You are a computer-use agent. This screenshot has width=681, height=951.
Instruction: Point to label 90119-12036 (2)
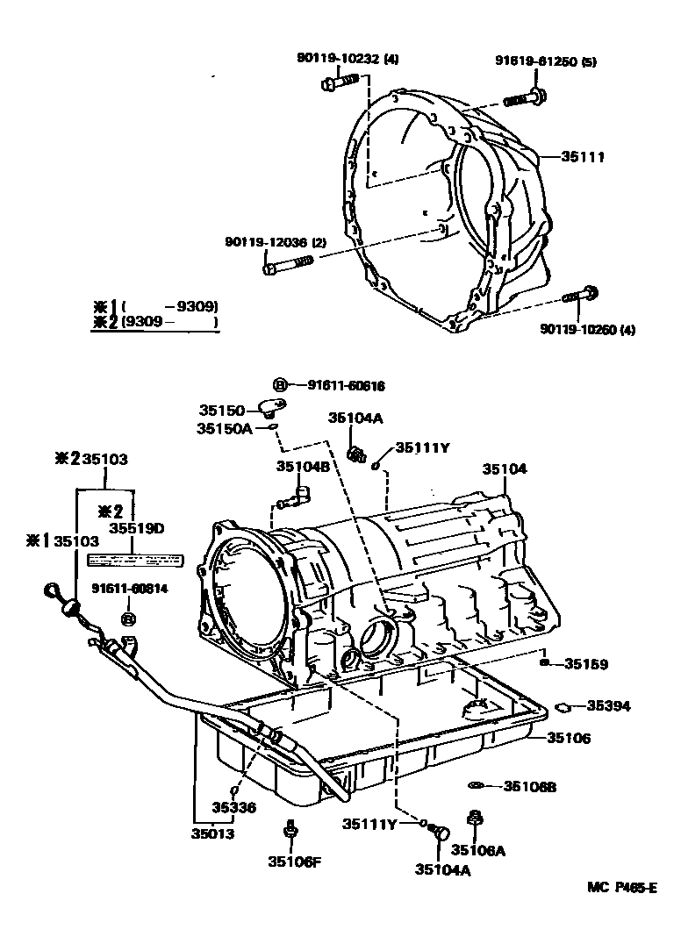click(275, 241)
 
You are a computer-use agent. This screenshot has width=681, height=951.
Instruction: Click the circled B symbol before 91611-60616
click(280, 385)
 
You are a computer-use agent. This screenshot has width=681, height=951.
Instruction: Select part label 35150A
click(225, 428)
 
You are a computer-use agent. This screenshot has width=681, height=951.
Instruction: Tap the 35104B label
click(304, 467)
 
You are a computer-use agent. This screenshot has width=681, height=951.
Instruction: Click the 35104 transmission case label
click(505, 469)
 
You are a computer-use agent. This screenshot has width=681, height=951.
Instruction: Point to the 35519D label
click(136, 528)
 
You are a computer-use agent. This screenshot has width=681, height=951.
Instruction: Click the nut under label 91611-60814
click(128, 620)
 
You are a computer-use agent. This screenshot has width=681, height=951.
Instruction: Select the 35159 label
click(586, 664)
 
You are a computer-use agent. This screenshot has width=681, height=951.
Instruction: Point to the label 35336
click(233, 807)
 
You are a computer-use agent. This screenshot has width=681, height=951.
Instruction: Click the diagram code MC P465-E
click(622, 887)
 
